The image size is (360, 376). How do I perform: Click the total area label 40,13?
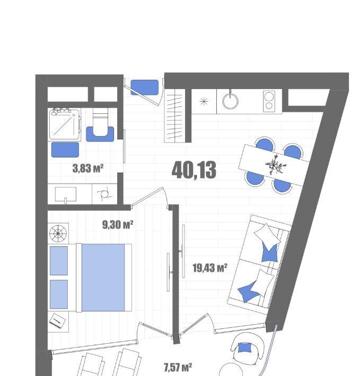click(x=194, y=170)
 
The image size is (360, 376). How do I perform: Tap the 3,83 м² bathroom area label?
click(x=88, y=168)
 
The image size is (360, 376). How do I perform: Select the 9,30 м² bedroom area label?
click(x=118, y=225)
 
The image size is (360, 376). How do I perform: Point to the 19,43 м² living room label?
click(x=210, y=267)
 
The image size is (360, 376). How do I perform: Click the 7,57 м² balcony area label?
click(x=178, y=367)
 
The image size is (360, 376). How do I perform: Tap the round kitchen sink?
click(x=230, y=101)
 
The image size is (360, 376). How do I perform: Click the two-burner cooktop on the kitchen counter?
click(x=269, y=101)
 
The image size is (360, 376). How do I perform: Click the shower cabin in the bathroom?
click(x=65, y=124)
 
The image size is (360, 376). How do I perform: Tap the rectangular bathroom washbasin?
click(x=66, y=194)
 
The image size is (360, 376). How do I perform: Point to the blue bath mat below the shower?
click(x=65, y=150)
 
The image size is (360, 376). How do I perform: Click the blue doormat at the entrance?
click(x=145, y=87)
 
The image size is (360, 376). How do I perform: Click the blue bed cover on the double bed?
click(x=103, y=277)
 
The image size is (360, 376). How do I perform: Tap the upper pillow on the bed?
click(x=59, y=261)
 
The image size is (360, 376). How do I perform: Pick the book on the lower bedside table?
click(x=57, y=320)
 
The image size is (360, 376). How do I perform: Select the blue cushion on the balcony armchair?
click(x=244, y=347)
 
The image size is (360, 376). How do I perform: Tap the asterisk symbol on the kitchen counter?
click(x=204, y=102)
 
